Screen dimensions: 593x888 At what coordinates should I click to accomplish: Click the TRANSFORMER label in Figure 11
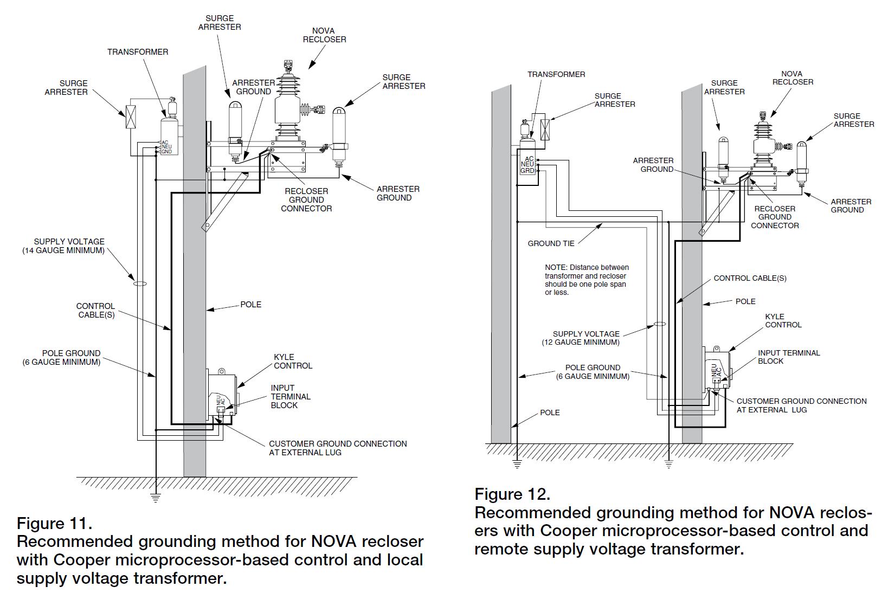click(x=138, y=52)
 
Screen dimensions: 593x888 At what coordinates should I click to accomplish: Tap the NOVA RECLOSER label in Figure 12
click(x=793, y=78)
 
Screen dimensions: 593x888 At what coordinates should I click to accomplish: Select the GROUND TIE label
click(x=551, y=243)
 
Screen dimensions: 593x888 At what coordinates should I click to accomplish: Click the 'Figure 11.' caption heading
click(x=54, y=524)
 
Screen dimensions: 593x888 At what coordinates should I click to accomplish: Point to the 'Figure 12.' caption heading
click(x=512, y=494)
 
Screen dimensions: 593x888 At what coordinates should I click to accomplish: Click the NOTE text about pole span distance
click(x=587, y=280)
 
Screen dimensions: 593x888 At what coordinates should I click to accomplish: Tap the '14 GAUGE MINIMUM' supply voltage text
click(x=63, y=250)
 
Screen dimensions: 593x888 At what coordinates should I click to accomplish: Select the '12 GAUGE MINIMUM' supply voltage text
click(x=581, y=342)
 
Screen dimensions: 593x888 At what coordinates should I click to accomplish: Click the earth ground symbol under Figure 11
click(x=156, y=498)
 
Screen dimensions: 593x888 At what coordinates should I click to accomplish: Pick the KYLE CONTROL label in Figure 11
click(x=293, y=362)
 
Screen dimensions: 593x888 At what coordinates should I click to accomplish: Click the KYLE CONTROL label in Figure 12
click(x=783, y=321)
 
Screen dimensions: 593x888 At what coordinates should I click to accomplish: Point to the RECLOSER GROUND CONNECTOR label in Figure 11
click(x=306, y=199)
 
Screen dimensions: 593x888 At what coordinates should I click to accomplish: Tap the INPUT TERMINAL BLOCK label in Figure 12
click(x=789, y=357)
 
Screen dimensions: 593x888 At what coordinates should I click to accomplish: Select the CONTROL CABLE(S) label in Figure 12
click(x=750, y=278)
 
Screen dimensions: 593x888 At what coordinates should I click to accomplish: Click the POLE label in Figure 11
click(x=251, y=305)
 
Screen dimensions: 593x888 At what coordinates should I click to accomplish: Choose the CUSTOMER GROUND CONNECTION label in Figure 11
click(x=338, y=448)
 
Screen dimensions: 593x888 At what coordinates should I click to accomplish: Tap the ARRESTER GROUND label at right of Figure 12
click(x=851, y=206)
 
